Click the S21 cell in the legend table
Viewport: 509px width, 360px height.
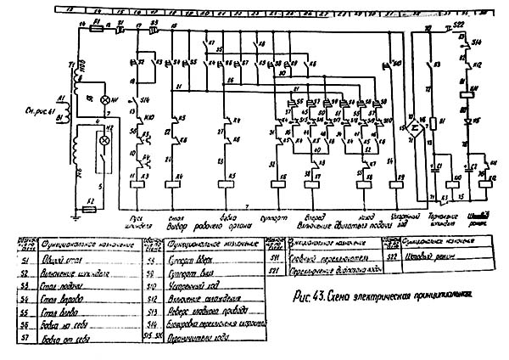tap(275, 270)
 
